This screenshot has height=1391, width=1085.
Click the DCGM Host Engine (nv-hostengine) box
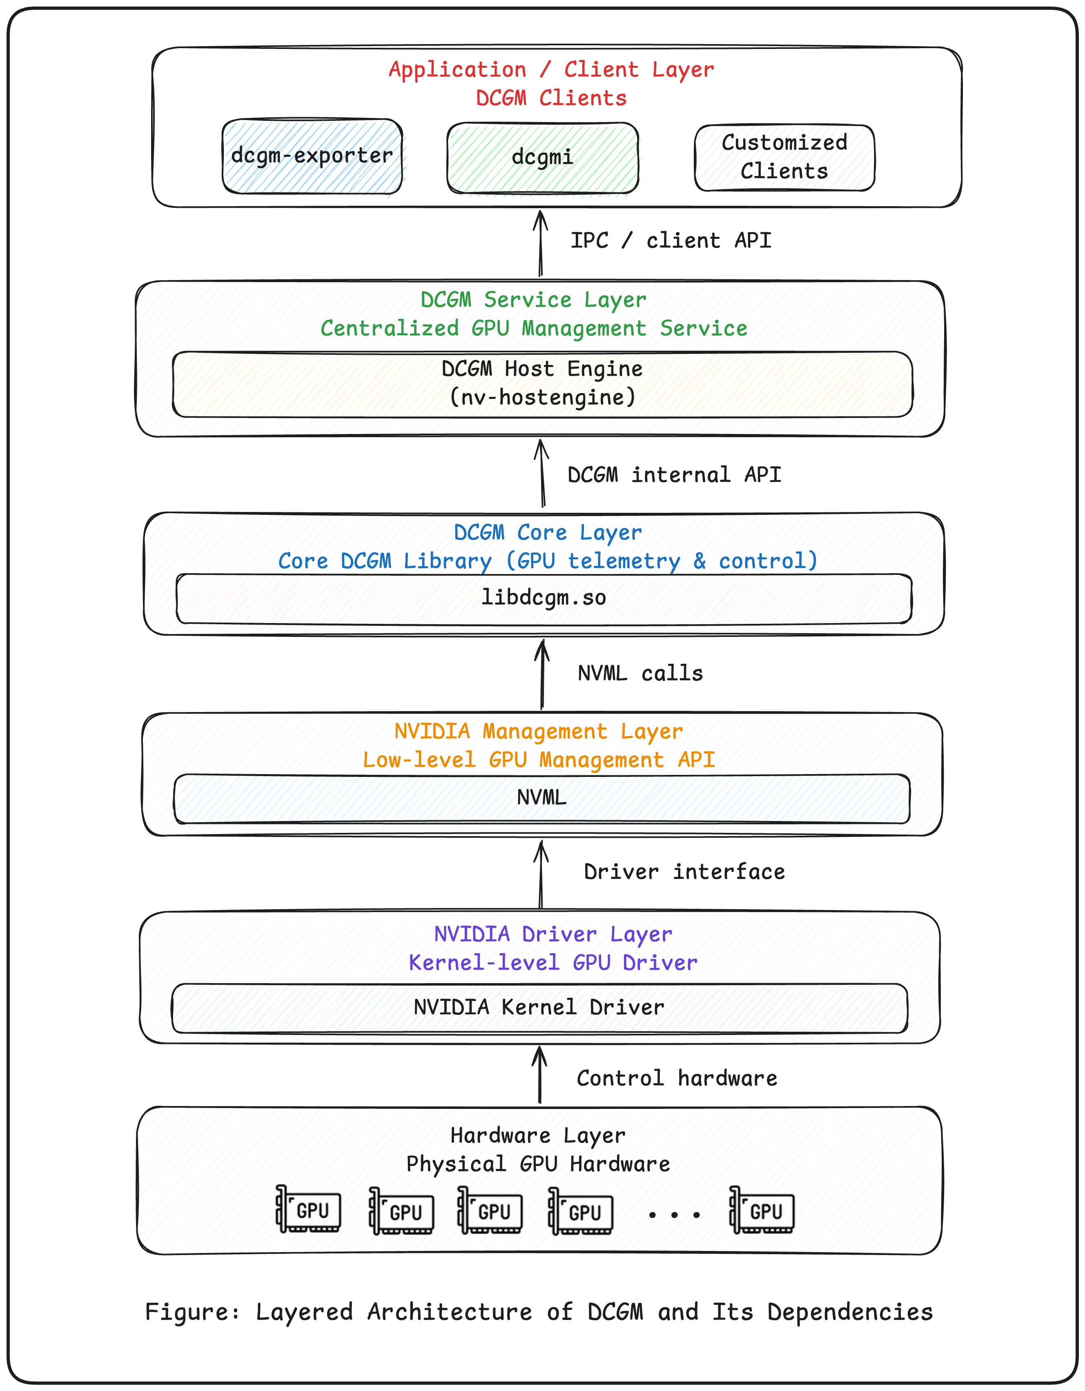pyautogui.click(x=542, y=384)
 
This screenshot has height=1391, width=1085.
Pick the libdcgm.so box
pyautogui.click(x=544, y=599)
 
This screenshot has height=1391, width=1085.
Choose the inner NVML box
pyautogui.click(x=541, y=799)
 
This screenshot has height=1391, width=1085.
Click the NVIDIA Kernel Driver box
pyautogui.click(x=539, y=1008)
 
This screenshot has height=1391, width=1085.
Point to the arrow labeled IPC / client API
pyautogui.click(x=541, y=244)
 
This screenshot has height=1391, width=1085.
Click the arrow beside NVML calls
pyautogui.click(x=542, y=674)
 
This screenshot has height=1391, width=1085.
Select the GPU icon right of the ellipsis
pyautogui.click(x=762, y=1210)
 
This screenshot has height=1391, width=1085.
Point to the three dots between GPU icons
pyautogui.click(x=674, y=1215)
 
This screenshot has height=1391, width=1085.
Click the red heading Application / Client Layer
pyautogui.click(x=551, y=69)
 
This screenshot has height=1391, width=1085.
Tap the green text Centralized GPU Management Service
pyautogui.click(x=534, y=329)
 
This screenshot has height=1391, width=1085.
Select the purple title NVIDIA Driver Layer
pyautogui.click(x=553, y=934)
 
